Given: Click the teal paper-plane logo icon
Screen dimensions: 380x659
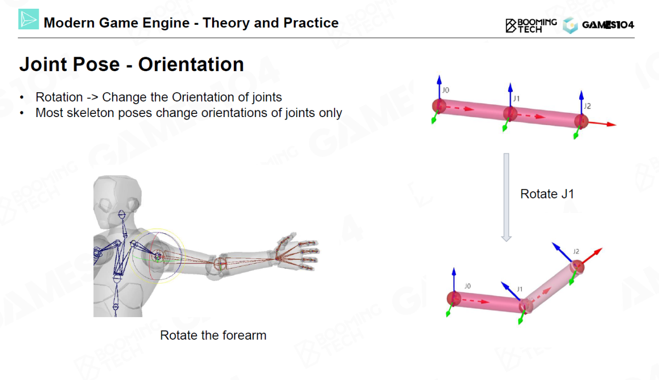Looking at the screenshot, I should click(29, 20).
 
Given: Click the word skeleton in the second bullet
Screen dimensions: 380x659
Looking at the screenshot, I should click(91, 113).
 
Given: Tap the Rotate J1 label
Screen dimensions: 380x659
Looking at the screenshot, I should click(547, 194).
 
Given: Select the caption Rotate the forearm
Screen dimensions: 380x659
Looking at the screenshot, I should click(213, 335).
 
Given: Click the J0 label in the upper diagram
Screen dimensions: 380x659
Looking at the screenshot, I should click(446, 90).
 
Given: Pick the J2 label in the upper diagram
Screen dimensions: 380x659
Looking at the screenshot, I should click(587, 106).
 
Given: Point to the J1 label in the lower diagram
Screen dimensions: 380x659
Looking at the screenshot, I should click(519, 289).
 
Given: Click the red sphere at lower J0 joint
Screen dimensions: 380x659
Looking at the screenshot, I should click(454, 298).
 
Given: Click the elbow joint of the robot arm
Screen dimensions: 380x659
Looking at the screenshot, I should click(221, 263).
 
